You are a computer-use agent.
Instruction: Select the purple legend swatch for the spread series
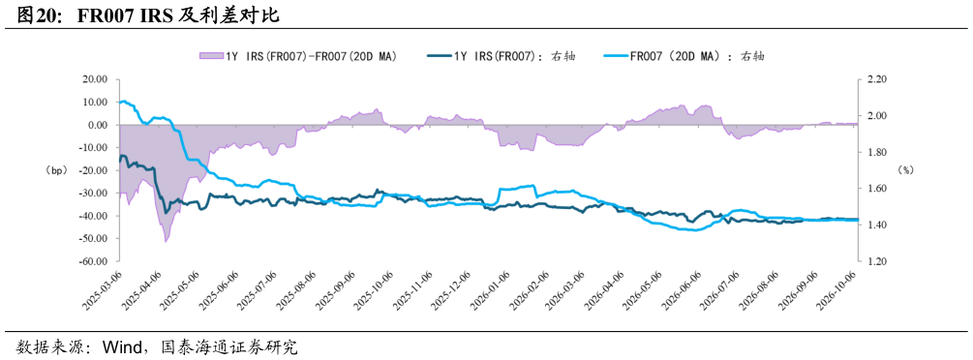[210, 56]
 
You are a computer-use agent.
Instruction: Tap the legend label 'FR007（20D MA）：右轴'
[697, 56]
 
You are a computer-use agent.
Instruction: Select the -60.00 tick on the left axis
[93, 261]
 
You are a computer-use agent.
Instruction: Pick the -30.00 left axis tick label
[93, 193]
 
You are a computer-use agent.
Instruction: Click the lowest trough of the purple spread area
[166, 241]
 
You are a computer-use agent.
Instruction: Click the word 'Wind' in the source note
[117, 345]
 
